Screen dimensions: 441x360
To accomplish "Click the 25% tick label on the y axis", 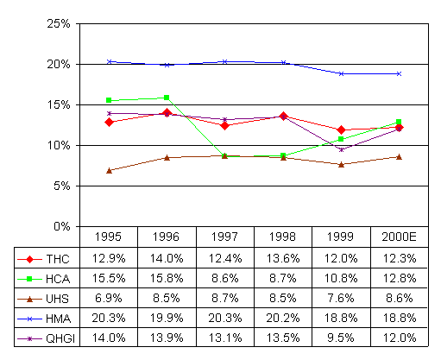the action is point(59,23).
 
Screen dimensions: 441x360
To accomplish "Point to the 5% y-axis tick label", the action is point(61,186).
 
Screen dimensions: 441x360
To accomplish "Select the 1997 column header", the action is point(224,237).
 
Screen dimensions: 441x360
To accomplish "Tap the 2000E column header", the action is point(399,237).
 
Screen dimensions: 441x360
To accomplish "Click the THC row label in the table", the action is point(58,259).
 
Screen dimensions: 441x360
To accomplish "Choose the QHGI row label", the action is point(60,338).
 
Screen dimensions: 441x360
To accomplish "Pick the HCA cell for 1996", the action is point(167,278).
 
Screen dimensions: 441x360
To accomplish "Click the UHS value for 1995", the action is point(109,298).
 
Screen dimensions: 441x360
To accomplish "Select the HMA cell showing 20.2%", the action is point(283,318).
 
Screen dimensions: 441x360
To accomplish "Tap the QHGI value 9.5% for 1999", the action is point(341,338).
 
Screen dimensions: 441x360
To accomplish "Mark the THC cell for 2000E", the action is point(400,258).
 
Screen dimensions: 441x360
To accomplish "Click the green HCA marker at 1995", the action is point(109,100).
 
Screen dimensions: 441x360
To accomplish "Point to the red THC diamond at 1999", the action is point(341,130).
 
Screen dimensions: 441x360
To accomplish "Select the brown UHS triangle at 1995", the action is point(109,171).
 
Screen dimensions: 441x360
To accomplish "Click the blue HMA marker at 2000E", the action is point(399,74).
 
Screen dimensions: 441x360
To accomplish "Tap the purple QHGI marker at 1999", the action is point(342,149).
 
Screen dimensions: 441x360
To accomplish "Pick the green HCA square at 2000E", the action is point(399,122).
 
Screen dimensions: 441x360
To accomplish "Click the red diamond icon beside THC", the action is point(29,259).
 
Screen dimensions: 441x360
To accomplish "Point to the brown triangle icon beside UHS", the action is point(29,300).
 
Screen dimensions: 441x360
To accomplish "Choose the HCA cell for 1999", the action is point(341,278).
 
